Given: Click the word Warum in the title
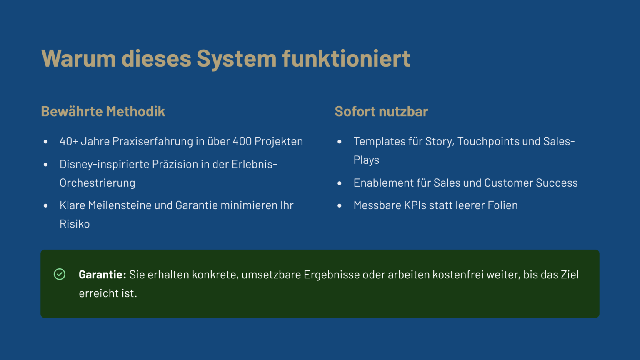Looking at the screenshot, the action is point(79,59).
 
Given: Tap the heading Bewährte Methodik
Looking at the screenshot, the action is point(103,111).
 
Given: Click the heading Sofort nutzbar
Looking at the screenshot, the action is point(381,111).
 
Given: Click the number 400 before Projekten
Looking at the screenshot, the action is point(242,141).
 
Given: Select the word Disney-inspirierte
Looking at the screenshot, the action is point(104,164).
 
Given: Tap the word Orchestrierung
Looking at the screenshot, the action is point(97,183).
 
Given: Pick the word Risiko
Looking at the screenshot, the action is point(75,224).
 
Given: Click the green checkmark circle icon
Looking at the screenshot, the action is point(60,274).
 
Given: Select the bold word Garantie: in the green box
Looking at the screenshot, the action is point(102,275).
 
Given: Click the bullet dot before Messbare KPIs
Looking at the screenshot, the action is point(340,206).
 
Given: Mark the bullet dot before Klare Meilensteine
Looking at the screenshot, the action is point(45,206).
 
